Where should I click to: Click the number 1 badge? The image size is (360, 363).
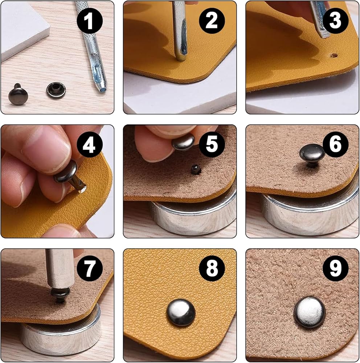90,21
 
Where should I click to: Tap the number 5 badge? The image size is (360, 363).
212,144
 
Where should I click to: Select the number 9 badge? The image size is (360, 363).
335,268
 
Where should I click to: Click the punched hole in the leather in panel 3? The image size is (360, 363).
334,55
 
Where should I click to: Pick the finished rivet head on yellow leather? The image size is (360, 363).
181,313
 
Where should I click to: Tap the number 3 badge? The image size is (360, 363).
335,21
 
